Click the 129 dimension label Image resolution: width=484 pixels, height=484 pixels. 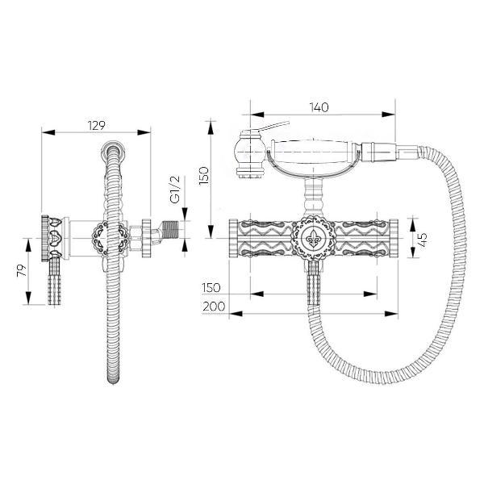pos(97,126)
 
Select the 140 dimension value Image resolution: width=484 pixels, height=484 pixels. pos(319,107)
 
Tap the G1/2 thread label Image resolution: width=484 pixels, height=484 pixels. pos(175,190)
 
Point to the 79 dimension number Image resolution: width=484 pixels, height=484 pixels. pos(22,271)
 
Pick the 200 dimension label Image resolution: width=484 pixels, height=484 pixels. pos(214,307)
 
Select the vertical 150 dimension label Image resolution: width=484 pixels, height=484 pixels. pos(204,176)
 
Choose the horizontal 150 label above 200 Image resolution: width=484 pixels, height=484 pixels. pos(211,288)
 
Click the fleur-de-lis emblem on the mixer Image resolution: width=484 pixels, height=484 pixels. pos(314,238)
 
